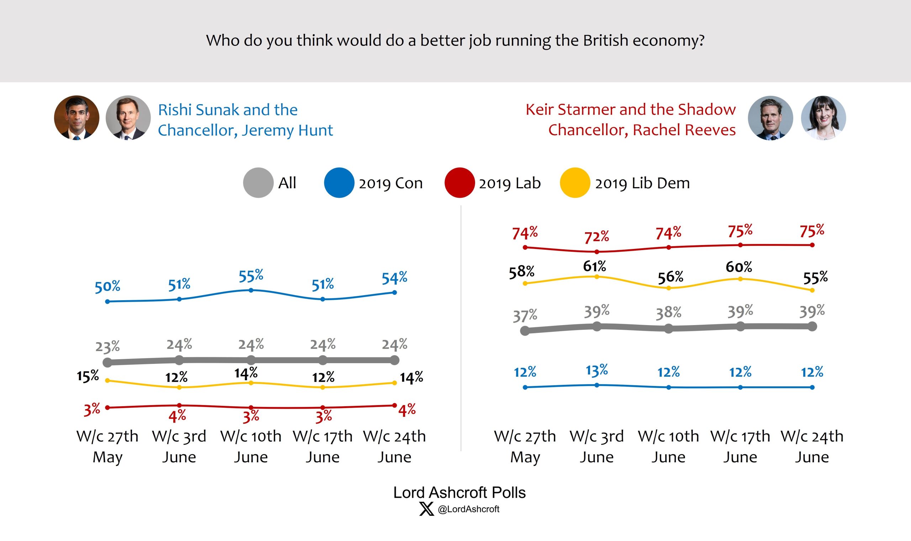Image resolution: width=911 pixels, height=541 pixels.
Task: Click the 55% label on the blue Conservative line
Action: pyautogui.click(x=251, y=276)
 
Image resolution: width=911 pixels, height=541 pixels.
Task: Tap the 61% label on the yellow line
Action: pyautogui.click(x=594, y=266)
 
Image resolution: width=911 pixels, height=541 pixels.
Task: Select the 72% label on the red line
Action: pyautogui.click(x=597, y=237)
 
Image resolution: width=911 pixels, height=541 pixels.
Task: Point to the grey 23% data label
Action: pyautogui.click(x=107, y=346)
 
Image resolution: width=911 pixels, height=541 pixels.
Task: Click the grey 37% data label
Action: pyautogui.click(x=525, y=316)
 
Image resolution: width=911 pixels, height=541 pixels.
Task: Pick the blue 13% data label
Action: pyautogui.click(x=597, y=370)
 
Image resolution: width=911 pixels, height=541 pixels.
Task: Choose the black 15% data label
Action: pyautogui.click(x=88, y=376)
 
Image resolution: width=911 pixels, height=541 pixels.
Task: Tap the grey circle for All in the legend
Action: pyautogui.click(x=258, y=182)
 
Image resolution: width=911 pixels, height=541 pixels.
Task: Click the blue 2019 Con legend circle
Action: pyautogui.click(x=339, y=182)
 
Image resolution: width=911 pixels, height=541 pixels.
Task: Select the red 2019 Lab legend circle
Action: pyautogui.click(x=459, y=182)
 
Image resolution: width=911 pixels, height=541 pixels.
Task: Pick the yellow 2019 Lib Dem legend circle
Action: pyautogui.click(x=575, y=182)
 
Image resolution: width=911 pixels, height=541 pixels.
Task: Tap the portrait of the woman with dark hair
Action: pyautogui.click(x=823, y=118)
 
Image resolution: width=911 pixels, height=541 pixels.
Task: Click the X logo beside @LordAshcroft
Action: pyautogui.click(x=426, y=509)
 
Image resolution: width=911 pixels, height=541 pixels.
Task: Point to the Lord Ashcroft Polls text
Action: pyautogui.click(x=459, y=493)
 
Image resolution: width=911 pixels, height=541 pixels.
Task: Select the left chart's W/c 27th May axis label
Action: pyautogui.click(x=107, y=446)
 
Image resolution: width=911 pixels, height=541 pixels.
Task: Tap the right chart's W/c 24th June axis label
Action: pyautogui.click(x=812, y=446)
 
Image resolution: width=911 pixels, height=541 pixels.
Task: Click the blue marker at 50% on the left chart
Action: pyautogui.click(x=107, y=302)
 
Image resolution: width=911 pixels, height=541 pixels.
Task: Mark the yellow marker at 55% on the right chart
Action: pyautogui.click(x=812, y=291)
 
